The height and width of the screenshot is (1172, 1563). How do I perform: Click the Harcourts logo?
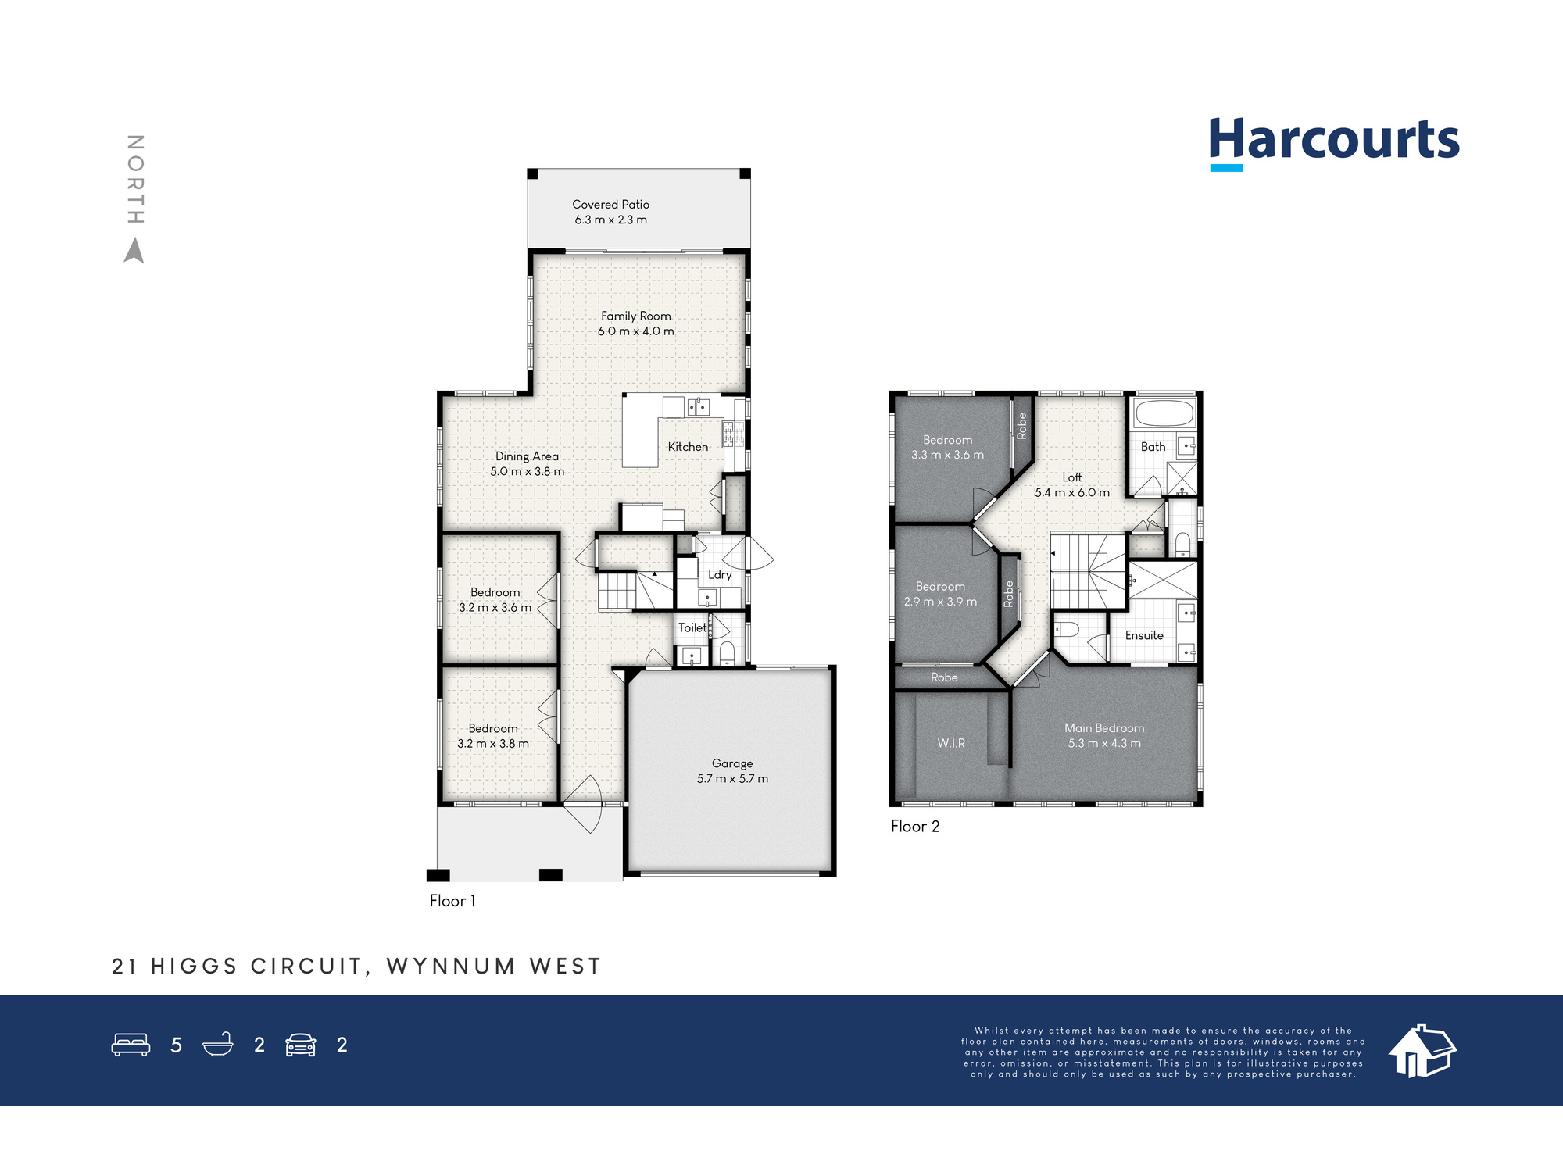(x=1334, y=143)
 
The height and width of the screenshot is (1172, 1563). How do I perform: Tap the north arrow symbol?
(x=134, y=251)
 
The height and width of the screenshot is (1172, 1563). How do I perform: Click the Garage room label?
(x=732, y=763)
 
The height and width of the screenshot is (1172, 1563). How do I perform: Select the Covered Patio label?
(x=611, y=205)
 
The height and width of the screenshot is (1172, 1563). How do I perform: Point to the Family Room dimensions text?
(x=636, y=331)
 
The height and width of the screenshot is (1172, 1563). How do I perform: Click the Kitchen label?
(x=688, y=447)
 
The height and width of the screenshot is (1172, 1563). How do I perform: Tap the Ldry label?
(x=720, y=575)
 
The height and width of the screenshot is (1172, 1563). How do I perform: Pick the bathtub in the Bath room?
(x=1164, y=413)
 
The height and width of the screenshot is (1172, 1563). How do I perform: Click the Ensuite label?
(x=1144, y=635)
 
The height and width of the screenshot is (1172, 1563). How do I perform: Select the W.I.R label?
(x=951, y=743)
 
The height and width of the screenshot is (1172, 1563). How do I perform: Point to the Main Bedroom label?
(x=1104, y=728)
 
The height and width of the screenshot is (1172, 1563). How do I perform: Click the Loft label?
(x=1072, y=477)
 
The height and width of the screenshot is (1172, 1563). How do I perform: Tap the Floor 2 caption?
(x=915, y=827)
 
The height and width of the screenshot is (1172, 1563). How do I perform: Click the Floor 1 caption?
(x=452, y=901)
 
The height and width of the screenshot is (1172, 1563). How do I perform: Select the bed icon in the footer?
(x=131, y=1045)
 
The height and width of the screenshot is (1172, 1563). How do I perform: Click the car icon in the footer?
(x=301, y=1045)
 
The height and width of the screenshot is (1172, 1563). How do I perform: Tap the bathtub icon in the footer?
(x=218, y=1045)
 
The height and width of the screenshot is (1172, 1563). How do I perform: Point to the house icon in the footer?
(x=1422, y=1050)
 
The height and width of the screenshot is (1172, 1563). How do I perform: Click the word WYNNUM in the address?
(x=451, y=967)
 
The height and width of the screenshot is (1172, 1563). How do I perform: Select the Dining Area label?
(x=528, y=456)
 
